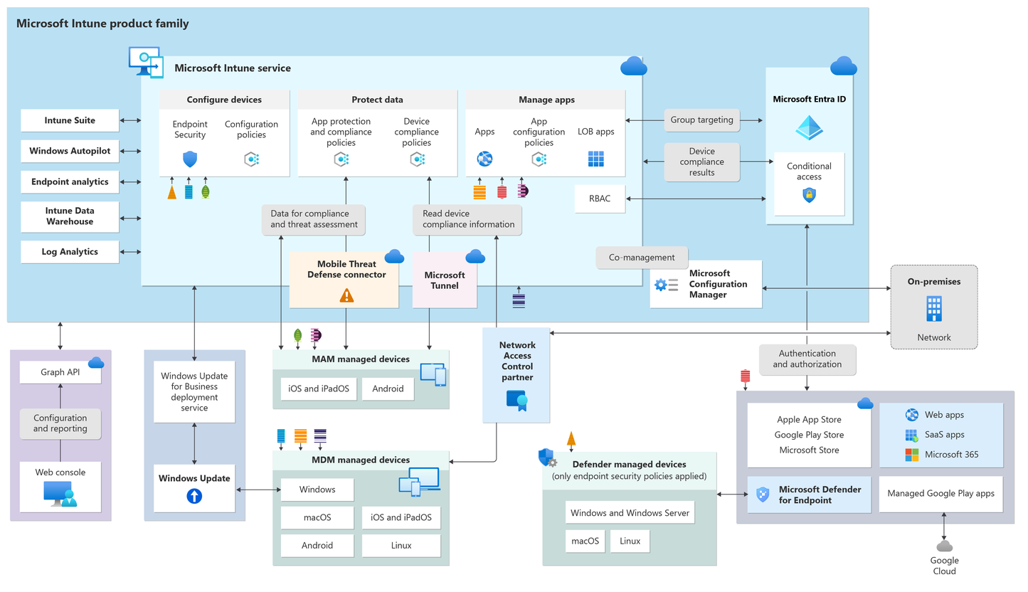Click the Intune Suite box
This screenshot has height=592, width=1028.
tap(70, 120)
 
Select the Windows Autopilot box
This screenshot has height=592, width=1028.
tap(70, 151)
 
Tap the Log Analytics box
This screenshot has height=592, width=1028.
tap(70, 252)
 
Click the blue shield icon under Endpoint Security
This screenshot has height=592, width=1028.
tap(189, 159)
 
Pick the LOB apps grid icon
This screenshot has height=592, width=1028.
tap(595, 159)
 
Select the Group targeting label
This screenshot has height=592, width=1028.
tap(701, 120)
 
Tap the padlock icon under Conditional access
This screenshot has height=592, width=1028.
tap(809, 195)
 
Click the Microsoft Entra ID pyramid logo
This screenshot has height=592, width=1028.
tap(809, 128)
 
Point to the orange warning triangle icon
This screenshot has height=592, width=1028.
tap(346, 295)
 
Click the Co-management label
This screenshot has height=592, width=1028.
tap(642, 258)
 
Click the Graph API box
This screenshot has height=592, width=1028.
tap(60, 371)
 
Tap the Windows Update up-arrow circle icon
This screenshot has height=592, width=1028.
tap(194, 496)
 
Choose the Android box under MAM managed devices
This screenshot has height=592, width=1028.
tap(388, 388)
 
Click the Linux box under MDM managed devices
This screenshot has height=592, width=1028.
tap(401, 546)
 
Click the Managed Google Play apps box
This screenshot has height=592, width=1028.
tap(940, 494)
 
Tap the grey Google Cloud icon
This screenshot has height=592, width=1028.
tap(944, 546)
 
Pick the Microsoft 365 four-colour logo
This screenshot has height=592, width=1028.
tap(911, 455)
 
